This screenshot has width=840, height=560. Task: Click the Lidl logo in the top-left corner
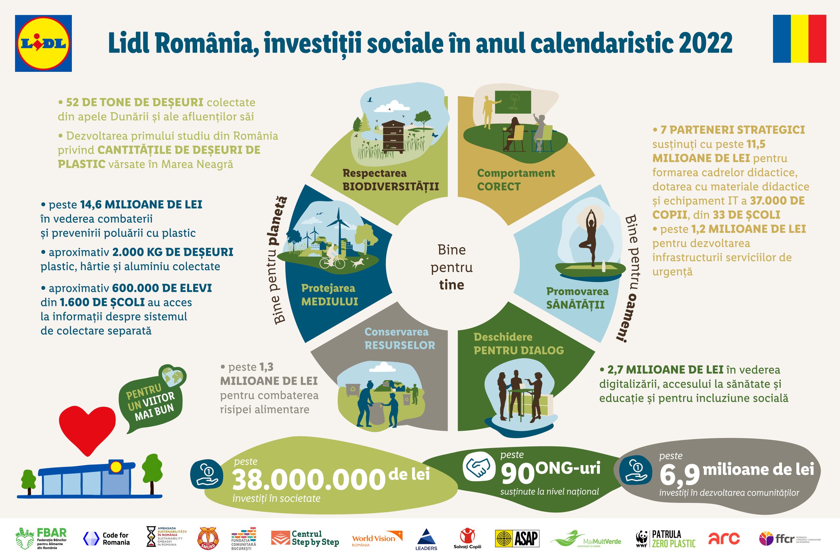pyautogui.click(x=43, y=43)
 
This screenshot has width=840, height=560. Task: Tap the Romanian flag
pyautogui.click(x=799, y=39)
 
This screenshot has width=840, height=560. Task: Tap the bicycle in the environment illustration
pyautogui.click(x=332, y=262)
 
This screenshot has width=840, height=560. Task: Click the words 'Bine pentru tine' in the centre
pyautogui.click(x=451, y=267)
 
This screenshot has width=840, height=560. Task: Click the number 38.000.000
pyautogui.click(x=309, y=480)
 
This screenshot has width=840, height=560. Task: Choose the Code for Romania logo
pyautogui.click(x=106, y=539)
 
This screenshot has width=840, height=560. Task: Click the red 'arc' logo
pyautogui.click(x=724, y=539)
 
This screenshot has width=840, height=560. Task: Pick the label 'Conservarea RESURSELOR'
pyautogui.click(x=400, y=338)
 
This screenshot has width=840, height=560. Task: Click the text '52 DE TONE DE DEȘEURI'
pyautogui.click(x=135, y=102)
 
